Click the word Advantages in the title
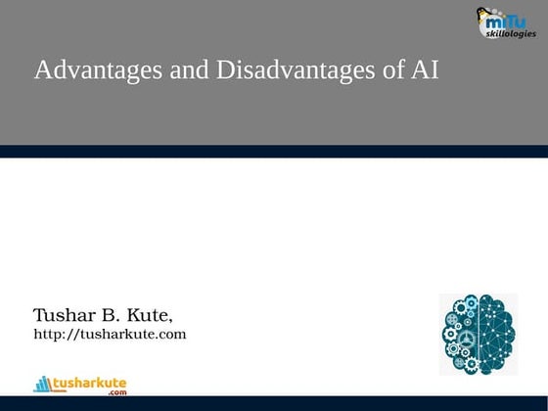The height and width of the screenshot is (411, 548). pyautogui.click(x=90, y=71)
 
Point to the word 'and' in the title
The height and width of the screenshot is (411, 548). pyautogui.click(x=175, y=71)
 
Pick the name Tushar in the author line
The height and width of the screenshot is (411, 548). pyautogui.click(x=65, y=316)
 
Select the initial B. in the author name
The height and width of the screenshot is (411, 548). pyautogui.click(x=111, y=316)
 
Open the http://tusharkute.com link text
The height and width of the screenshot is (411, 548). pyautogui.click(x=110, y=335)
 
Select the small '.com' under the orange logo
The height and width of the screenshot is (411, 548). pyautogui.click(x=117, y=392)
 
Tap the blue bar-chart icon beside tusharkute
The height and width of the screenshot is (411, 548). pyautogui.click(x=42, y=384)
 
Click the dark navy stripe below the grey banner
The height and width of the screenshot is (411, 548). pyautogui.click(x=274, y=151)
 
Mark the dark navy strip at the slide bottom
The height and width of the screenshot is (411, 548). pyautogui.click(x=274, y=403)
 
